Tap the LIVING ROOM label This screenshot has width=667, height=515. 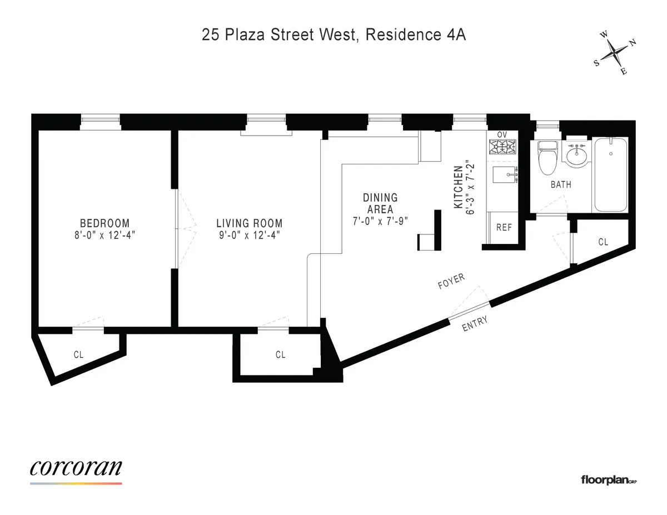249,223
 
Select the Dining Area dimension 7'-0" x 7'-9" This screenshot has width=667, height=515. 380,221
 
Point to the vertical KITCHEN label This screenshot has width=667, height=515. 459,187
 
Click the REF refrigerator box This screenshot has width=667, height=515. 504,228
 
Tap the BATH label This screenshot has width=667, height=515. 561,184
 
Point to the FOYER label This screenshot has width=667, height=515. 451,282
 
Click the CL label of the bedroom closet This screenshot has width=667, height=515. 78,354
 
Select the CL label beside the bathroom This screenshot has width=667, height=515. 603,242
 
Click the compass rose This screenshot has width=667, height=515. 615,53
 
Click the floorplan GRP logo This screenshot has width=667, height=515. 608,479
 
